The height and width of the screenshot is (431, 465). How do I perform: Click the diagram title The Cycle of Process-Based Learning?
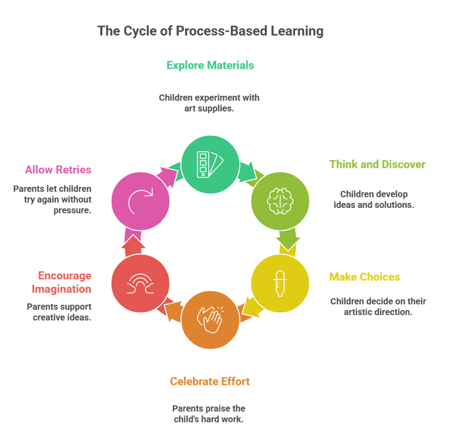[x=210, y=31]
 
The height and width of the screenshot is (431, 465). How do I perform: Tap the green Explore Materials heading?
[x=210, y=65]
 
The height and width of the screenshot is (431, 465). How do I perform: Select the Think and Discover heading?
[x=377, y=164]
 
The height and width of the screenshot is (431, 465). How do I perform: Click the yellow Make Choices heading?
[x=364, y=277]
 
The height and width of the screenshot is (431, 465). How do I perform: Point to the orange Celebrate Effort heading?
[x=210, y=381]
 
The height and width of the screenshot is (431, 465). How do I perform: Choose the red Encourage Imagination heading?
[x=64, y=283]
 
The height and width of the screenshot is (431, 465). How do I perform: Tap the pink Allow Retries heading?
[x=57, y=169]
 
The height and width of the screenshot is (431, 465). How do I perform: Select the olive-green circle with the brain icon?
[x=280, y=200]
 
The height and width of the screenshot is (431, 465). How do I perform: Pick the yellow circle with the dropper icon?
[x=280, y=283]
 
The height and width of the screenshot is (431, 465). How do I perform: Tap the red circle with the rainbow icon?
[x=140, y=283]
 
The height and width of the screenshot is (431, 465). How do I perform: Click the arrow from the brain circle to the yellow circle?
[x=287, y=240]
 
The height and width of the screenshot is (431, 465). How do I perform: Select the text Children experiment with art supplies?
[x=209, y=103]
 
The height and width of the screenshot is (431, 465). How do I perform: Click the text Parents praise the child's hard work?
[x=208, y=414]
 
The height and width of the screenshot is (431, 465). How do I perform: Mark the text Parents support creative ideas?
[x=59, y=312]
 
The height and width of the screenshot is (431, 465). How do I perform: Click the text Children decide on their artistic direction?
[x=378, y=307]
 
